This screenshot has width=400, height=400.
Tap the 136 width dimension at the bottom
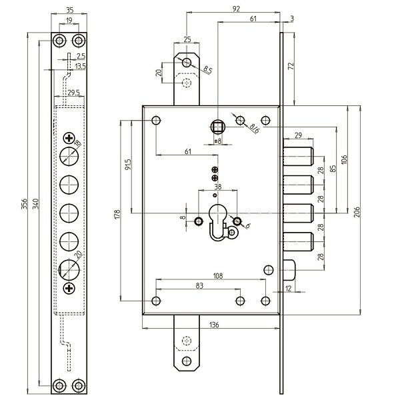[x=214, y=325]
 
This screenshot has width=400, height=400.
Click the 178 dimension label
[x=117, y=215]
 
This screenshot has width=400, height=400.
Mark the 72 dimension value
[x=291, y=67]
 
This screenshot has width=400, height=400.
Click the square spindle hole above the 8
[x=217, y=125]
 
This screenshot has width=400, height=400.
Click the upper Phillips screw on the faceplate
[x=69, y=139]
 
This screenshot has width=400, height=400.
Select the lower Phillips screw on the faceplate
[x=69, y=287]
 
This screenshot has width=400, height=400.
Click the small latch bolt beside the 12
[x=294, y=270]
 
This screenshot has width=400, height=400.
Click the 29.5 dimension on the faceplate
[x=74, y=92]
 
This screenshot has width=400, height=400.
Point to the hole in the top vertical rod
[x=187, y=63]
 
